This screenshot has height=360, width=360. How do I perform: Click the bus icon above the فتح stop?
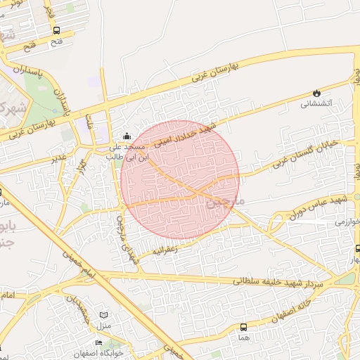(x=56, y=30)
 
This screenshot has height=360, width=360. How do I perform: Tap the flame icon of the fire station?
(x=316, y=93)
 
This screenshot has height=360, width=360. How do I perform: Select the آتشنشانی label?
(x=316, y=104)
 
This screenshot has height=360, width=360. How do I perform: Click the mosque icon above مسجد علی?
(x=127, y=136)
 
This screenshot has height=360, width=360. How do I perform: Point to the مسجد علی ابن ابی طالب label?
(x=126, y=152)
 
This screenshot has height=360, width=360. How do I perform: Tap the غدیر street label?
(x=59, y=157)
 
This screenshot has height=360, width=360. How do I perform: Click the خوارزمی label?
(x=347, y=221)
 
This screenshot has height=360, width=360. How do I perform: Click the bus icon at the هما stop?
(x=244, y=327)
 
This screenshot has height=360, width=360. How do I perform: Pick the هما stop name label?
(x=244, y=337)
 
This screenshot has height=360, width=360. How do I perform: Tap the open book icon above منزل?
(x=104, y=316)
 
